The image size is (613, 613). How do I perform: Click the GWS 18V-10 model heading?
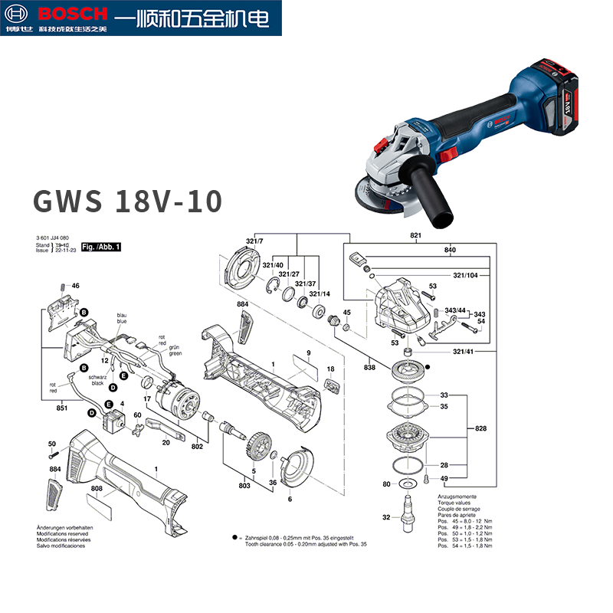[x=127, y=201]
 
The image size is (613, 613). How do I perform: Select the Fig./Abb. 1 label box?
[x=101, y=247]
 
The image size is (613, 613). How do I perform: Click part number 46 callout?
[x=75, y=286]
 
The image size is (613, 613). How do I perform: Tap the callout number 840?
[x=450, y=251]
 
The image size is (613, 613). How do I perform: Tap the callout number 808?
[x=97, y=488]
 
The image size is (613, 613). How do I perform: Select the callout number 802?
[x=198, y=445]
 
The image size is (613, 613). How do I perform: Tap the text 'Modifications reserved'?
[x=64, y=534]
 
